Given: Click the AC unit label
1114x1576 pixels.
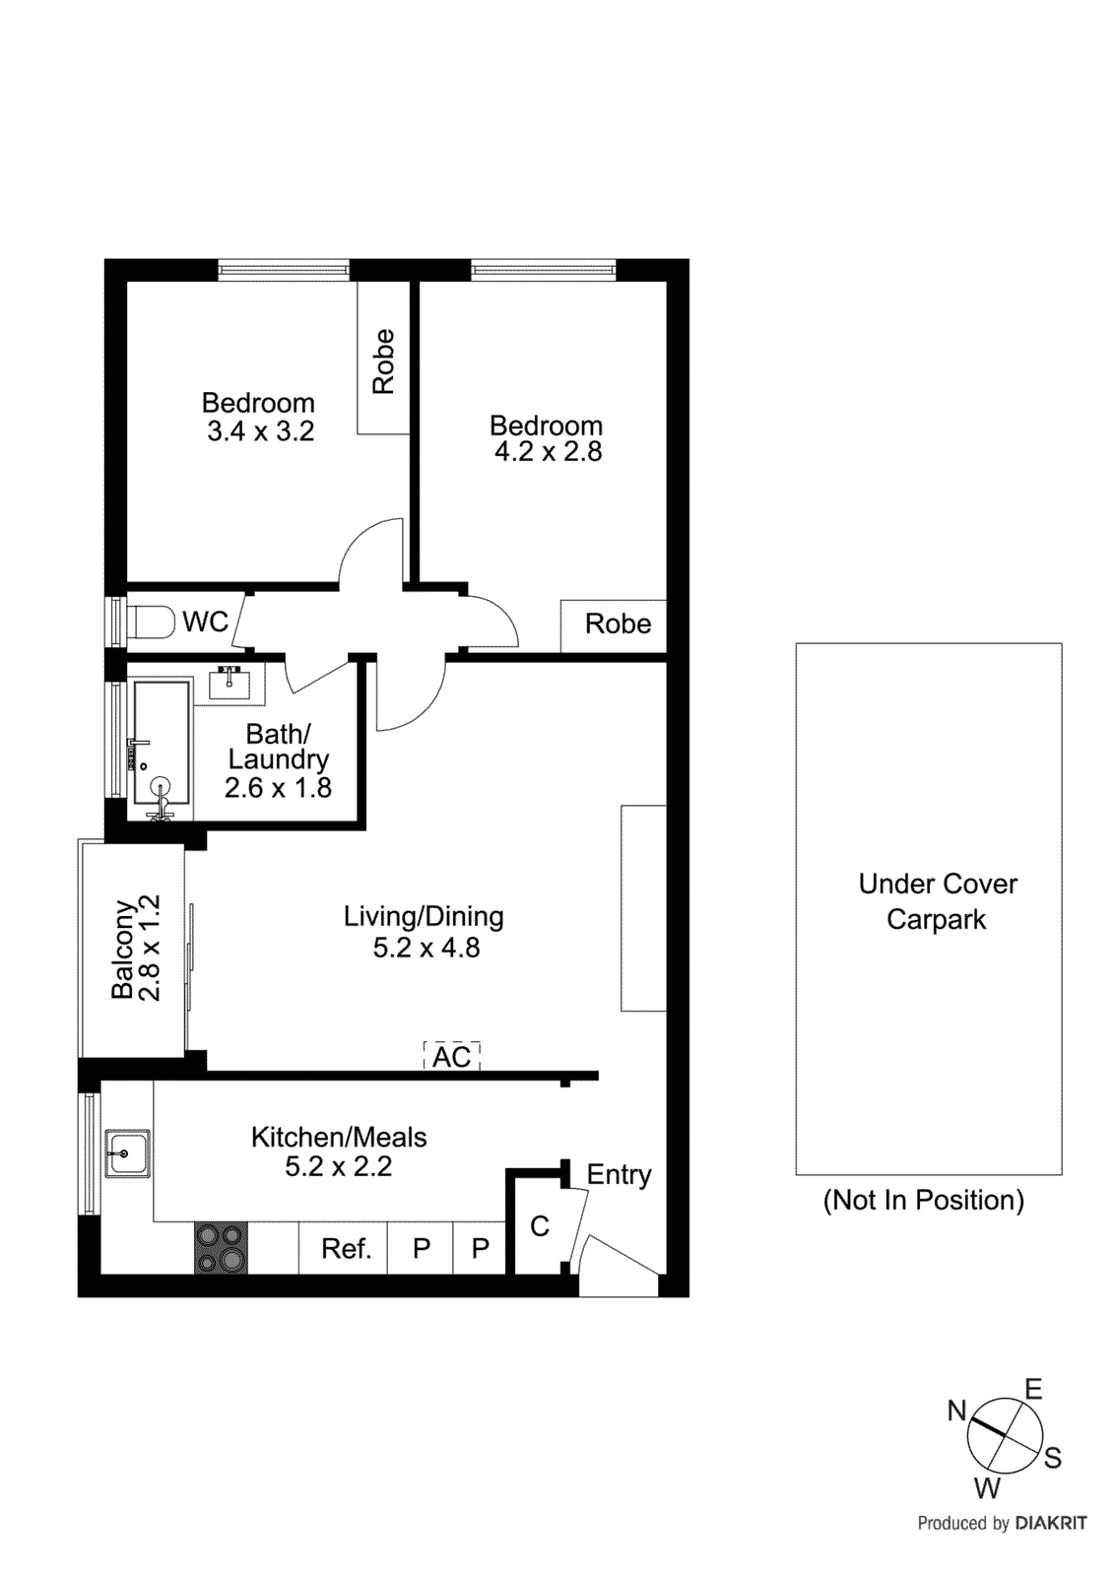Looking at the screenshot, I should (452, 1057).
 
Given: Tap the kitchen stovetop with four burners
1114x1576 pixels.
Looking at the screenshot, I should (221, 1248).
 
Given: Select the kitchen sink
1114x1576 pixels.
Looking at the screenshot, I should (128, 1152).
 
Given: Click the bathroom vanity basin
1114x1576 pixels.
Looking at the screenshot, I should (230, 683).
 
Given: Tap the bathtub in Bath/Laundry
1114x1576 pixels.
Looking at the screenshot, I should (161, 749).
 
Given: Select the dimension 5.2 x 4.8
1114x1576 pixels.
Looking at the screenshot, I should (426, 948).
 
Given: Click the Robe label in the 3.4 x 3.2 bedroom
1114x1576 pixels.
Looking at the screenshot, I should (383, 361).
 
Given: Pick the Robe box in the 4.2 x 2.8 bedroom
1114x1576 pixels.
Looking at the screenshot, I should (615, 624).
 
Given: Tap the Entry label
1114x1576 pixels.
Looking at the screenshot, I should (619, 1174).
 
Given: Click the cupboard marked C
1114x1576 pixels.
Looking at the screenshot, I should (539, 1226).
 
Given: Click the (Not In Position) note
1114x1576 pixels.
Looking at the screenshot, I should (923, 1200).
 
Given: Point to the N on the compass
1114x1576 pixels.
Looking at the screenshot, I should (956, 1411).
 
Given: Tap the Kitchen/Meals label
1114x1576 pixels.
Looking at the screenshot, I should (339, 1137).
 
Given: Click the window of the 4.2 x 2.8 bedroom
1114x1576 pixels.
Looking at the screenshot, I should (543, 269).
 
